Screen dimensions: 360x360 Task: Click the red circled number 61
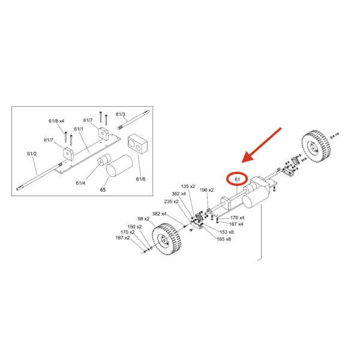coord(237,179)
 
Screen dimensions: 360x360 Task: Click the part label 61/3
coord(121,114)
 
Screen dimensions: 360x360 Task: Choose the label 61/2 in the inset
coord(32,154)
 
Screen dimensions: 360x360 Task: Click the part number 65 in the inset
coord(103,190)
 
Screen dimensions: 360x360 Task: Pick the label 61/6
coord(141,179)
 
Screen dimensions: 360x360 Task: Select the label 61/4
coord(80,182)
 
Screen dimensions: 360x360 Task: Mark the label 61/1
coord(79,129)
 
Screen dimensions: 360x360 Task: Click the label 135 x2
coord(188,187)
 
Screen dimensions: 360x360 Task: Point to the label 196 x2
coord(206,190)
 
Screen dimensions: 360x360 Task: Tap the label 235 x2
coord(172,202)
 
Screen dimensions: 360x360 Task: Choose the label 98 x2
coord(143,219)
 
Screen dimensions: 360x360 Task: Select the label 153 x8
coord(227,232)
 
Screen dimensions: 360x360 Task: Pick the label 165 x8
coord(224,239)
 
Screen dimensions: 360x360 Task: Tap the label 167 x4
coord(236,224)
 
